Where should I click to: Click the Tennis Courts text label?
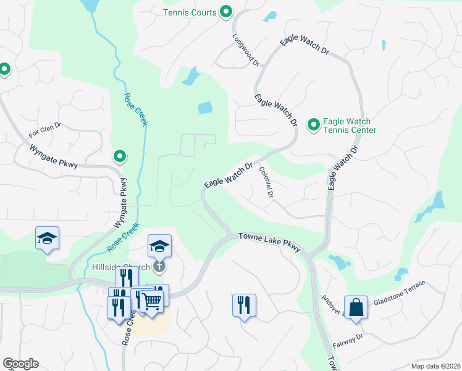pyautogui.click(x=190, y=12)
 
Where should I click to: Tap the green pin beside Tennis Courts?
pyautogui.click(x=226, y=12)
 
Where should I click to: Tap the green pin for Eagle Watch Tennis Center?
pyautogui.click(x=313, y=126)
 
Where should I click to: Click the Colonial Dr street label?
pyautogui.click(x=266, y=182)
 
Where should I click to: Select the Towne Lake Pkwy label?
pyautogui.click(x=270, y=242)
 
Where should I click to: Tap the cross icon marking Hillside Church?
pyautogui.click(x=159, y=267)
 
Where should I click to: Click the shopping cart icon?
pyautogui.click(x=151, y=301)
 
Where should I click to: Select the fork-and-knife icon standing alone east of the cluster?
pyautogui.click(x=244, y=304)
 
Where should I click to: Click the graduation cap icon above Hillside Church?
pyautogui.click(x=159, y=245)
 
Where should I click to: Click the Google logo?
pyautogui.click(x=20, y=364)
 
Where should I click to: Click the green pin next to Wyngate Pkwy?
pyautogui.click(x=120, y=157)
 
